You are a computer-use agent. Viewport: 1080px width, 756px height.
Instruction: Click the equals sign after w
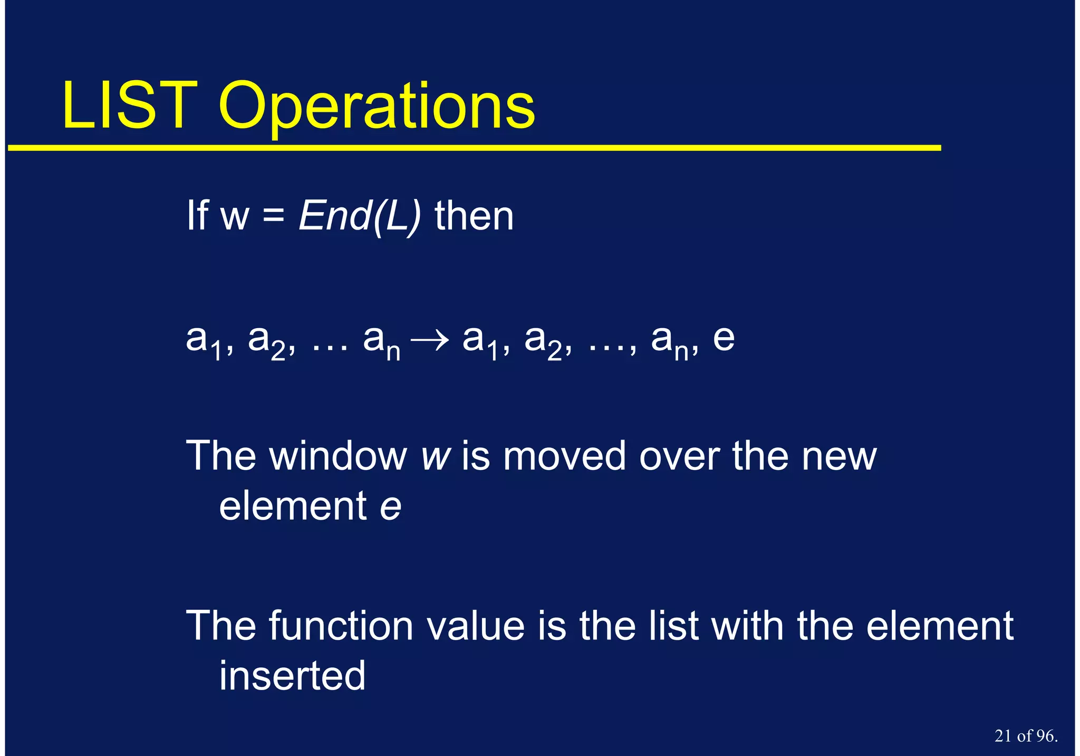(x=273, y=217)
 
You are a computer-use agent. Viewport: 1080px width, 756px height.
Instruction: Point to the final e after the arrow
(x=724, y=339)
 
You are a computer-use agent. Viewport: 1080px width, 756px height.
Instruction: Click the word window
(x=338, y=456)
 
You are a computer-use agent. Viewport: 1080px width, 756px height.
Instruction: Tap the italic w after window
(x=435, y=457)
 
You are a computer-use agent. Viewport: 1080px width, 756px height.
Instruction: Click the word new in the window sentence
(x=838, y=457)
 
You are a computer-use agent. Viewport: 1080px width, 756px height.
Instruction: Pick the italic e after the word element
(x=390, y=506)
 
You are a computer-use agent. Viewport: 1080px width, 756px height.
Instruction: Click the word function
(x=341, y=626)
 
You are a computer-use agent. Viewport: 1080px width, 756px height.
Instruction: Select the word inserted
(x=292, y=676)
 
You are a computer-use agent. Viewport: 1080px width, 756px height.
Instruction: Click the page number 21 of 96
(x=1026, y=736)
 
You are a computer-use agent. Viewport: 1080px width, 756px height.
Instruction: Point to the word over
(x=679, y=457)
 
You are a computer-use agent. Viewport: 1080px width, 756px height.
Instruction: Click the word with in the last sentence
(x=747, y=626)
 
